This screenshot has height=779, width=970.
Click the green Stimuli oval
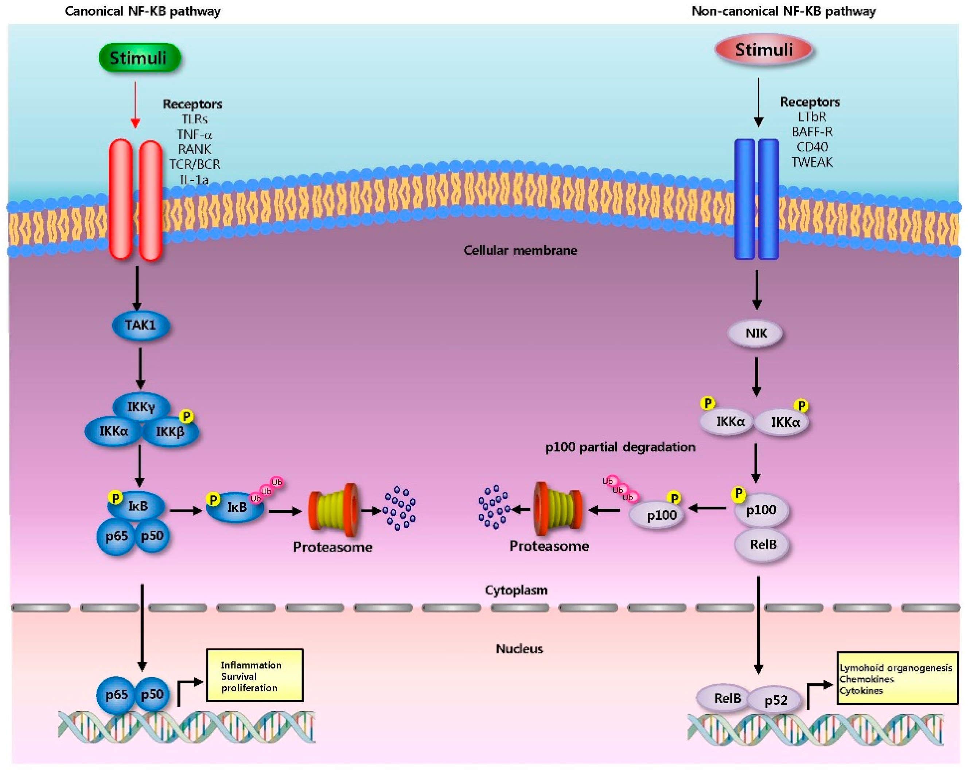point(140,58)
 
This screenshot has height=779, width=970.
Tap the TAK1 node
point(140,325)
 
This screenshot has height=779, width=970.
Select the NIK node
point(756,333)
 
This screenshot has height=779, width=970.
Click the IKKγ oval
point(141,407)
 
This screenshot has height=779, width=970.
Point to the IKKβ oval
point(170,432)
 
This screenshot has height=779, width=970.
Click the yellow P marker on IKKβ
point(186,416)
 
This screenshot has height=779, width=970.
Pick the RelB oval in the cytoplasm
point(763,544)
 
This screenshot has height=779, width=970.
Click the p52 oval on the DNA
point(776,700)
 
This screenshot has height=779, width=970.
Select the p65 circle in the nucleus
point(116,695)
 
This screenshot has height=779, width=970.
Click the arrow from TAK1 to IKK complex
point(140,368)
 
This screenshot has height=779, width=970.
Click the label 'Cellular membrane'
point(520,250)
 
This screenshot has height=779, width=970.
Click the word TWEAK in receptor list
point(812,162)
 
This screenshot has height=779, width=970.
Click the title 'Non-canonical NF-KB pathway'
point(783,11)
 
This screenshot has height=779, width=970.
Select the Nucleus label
point(519,649)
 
